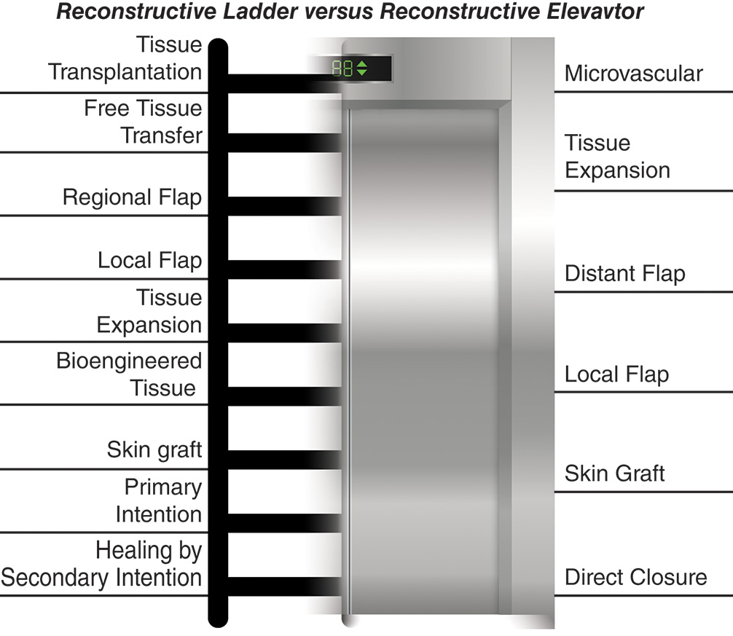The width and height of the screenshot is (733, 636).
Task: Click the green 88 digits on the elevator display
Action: (342, 70)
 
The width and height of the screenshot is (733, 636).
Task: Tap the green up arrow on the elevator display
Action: (362, 66)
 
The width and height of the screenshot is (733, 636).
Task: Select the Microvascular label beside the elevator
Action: (633, 74)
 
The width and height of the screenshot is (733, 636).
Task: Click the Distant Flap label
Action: (624, 274)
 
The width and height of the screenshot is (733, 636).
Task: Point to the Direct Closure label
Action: (635, 578)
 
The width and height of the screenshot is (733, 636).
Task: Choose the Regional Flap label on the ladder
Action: (132, 197)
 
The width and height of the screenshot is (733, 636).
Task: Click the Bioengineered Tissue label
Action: (129, 374)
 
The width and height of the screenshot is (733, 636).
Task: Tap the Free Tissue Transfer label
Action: (143, 122)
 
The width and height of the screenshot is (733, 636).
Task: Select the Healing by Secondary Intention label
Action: (102, 565)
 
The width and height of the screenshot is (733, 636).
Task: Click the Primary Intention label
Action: (158, 500)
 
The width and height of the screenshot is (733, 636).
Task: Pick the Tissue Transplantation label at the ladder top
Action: (125, 58)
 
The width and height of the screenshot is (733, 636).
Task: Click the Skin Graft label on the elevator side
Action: (614, 474)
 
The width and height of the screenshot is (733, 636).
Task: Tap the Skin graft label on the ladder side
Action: (154, 449)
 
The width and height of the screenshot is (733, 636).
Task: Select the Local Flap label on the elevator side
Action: (616, 374)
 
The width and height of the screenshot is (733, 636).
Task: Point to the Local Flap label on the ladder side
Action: (149, 260)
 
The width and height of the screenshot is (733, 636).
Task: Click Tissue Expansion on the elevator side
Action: (617, 157)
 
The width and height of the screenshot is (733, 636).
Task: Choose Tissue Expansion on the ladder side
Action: (149, 311)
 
